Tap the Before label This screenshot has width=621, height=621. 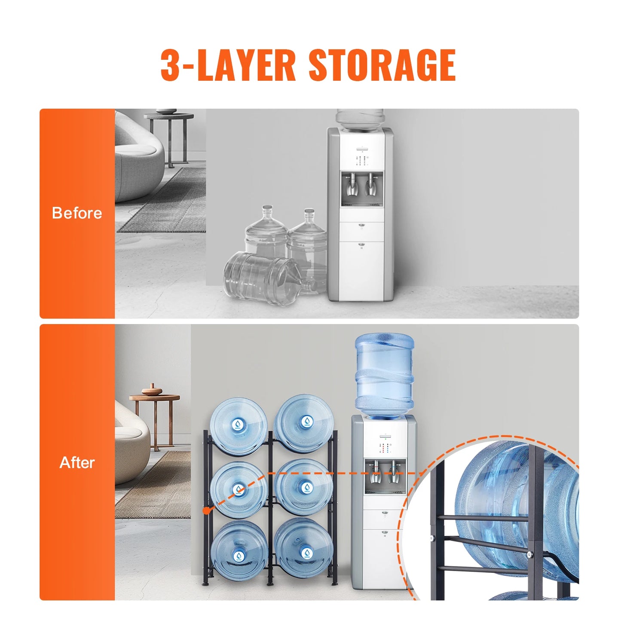point(77,213)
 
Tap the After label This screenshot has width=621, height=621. point(77,463)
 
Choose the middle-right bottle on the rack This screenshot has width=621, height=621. point(304,487)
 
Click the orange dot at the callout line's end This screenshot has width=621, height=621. point(207,511)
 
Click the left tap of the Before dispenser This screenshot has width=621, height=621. point(351,183)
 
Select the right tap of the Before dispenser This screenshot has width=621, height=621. point(370,183)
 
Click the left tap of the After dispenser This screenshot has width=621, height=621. point(375,470)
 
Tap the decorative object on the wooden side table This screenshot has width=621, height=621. point(152,390)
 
